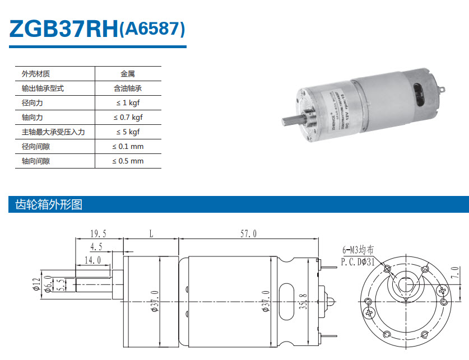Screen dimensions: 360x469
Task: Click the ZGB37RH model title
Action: pos(63,30)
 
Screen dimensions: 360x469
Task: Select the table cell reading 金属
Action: pos(128,73)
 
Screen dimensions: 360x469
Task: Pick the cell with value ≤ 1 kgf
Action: pos(128,102)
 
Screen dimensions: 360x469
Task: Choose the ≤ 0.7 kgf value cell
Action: pos(128,117)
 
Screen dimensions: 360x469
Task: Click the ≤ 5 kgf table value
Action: pos(128,132)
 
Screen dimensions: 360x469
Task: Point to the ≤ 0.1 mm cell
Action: pos(128,146)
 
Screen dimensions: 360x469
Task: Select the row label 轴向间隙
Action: pos(35,161)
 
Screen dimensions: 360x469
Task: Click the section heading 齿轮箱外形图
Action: pos(45,205)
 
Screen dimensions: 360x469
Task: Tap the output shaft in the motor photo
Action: pos(292,119)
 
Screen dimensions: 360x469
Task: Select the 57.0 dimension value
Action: pos(248,233)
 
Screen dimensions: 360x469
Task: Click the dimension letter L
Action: pos(151,233)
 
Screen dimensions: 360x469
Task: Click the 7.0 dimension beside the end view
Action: pos(454,274)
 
